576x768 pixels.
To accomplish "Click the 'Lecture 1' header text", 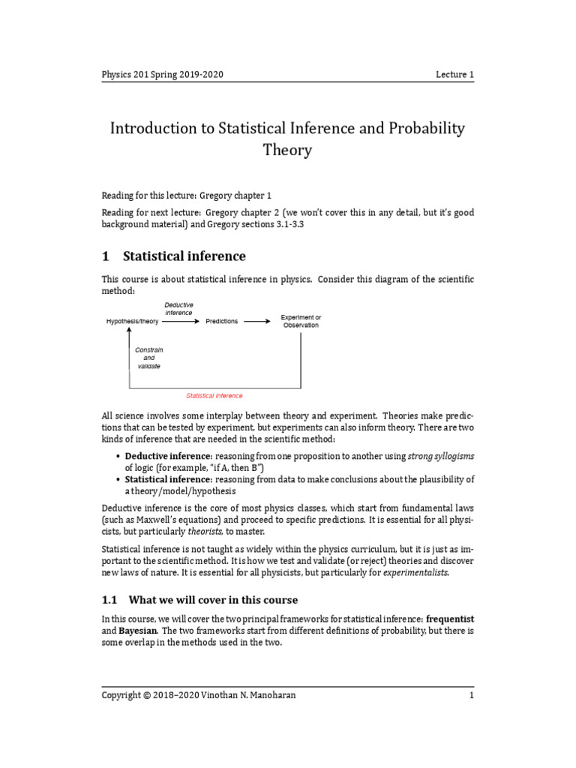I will (x=454, y=75).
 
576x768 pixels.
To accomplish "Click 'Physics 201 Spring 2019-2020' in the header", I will (x=163, y=75).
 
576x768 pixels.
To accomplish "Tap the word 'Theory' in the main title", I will (x=287, y=150).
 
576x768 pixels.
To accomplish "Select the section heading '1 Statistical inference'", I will (x=173, y=256).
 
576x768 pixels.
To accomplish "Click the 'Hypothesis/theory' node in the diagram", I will (x=132, y=321).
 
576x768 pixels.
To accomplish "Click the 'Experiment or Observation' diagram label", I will (x=301, y=321).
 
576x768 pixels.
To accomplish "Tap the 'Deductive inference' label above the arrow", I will (x=178, y=308).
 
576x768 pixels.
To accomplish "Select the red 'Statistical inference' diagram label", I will (x=214, y=395).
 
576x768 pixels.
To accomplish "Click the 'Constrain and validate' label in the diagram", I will (x=148, y=358).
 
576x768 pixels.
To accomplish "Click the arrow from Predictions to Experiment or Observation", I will (x=257, y=321).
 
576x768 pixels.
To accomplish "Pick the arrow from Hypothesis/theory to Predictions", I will (x=181, y=321).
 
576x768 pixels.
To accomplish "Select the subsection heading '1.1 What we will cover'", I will (x=199, y=600).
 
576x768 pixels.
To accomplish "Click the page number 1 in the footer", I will (x=471, y=695).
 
